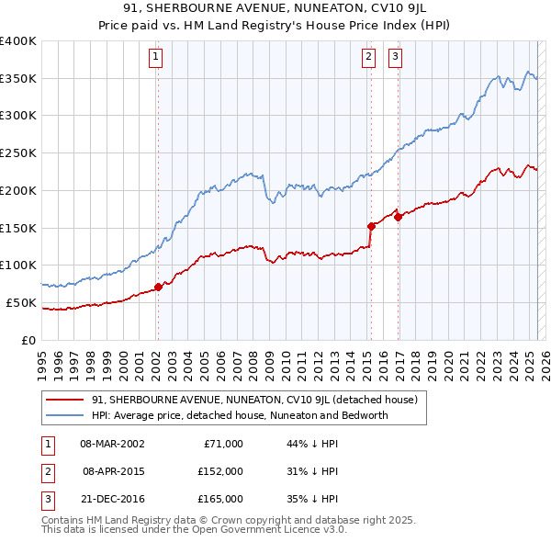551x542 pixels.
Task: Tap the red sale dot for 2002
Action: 158,287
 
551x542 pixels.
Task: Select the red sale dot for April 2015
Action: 371,225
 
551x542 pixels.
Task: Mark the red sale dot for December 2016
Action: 399,216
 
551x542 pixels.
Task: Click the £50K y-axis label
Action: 21,302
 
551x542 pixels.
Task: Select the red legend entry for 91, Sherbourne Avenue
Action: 254,401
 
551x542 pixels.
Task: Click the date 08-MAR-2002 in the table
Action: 112,444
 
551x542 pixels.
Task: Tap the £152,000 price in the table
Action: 219,471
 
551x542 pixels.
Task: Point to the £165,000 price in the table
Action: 219,499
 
